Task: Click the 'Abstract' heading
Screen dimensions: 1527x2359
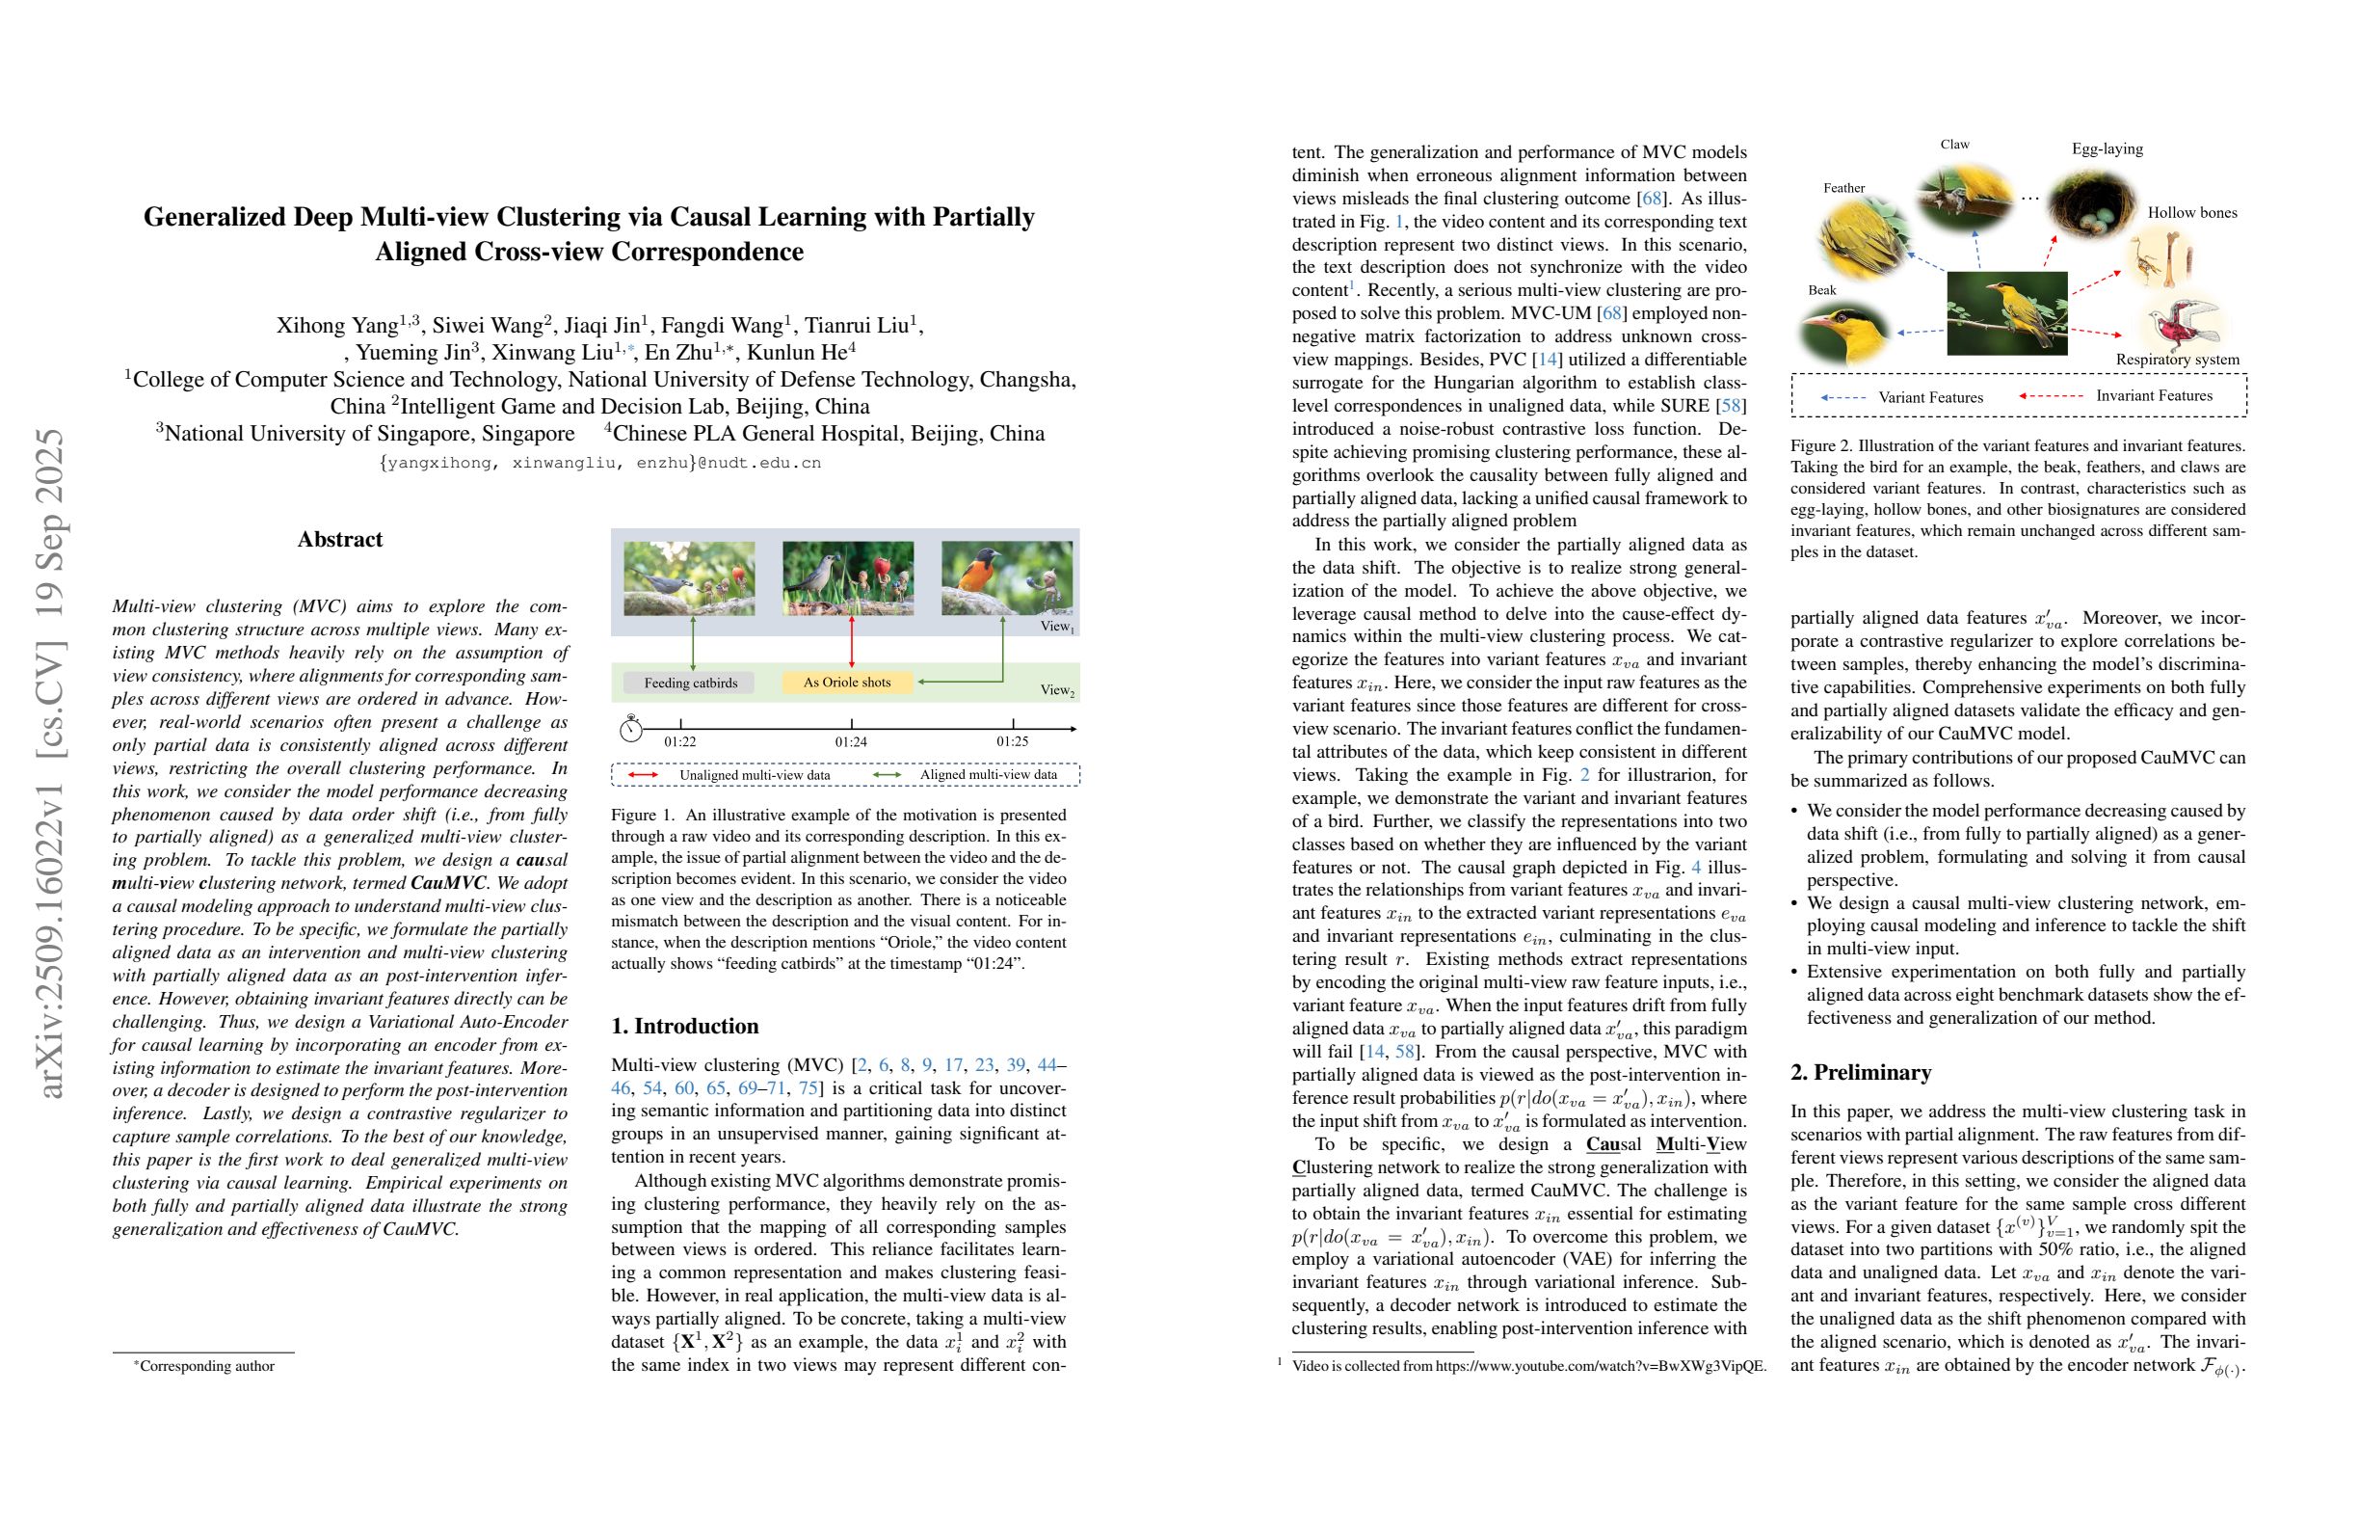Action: click(339, 540)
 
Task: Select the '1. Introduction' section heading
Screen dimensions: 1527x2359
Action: click(685, 1026)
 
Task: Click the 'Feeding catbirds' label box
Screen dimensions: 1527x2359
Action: click(690, 683)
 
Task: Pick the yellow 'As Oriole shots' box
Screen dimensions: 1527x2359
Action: click(846, 683)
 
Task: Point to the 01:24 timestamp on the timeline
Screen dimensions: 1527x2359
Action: click(851, 740)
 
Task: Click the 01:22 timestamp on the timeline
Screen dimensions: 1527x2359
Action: click(680, 740)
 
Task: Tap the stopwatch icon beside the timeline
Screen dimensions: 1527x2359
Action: click(630, 729)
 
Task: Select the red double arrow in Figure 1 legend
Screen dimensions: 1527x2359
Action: click(643, 774)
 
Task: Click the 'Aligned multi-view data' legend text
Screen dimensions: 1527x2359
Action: click(987, 774)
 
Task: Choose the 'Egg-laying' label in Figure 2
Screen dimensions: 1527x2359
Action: click(2107, 148)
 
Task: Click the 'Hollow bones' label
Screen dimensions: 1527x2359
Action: click(2191, 212)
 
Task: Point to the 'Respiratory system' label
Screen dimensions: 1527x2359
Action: click(2177, 359)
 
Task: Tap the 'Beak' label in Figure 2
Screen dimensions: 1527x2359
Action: click(1822, 289)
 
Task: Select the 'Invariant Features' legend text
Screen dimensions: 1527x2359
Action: click(2154, 395)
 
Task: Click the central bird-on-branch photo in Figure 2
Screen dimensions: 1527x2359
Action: click(2006, 312)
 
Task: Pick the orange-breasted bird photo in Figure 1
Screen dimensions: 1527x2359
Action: click(1005, 577)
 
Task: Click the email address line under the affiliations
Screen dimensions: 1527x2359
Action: click(599, 462)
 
